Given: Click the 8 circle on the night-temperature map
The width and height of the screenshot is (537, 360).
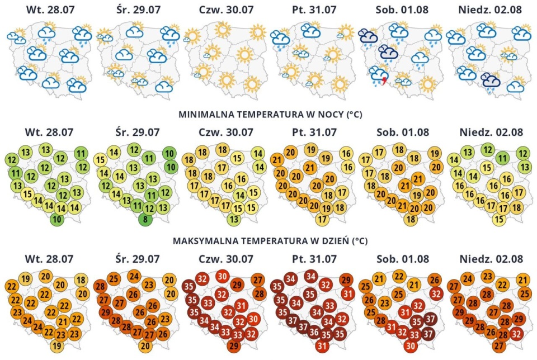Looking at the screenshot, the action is click(145, 219).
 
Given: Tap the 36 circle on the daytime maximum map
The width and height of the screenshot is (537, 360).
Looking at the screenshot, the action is click(314, 332).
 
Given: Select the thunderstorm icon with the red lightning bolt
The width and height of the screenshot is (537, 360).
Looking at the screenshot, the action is click(379, 76).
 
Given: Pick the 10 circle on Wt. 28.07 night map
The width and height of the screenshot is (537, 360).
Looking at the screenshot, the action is click(57, 219).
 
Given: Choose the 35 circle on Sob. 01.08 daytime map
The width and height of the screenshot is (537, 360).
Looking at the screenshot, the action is click(416, 322).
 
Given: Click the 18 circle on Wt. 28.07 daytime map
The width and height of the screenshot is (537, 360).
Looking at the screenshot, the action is click(81, 280).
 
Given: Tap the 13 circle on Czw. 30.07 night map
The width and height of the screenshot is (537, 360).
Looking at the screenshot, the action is click(234, 219).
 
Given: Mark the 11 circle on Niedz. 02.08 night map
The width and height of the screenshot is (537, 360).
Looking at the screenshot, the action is click(502, 158).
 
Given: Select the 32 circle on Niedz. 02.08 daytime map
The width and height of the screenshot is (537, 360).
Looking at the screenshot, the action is click(517, 333).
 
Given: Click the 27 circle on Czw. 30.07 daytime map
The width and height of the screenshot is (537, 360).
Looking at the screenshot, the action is click(258, 280).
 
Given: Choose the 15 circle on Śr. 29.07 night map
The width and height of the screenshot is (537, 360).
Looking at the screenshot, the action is click(100, 159).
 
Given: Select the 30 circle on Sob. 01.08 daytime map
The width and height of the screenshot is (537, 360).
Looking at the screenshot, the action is click(411, 346).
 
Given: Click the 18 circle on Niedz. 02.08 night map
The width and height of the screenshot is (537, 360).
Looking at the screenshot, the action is click(517, 207).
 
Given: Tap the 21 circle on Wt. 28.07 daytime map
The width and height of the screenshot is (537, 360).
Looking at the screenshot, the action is click(63, 322).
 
